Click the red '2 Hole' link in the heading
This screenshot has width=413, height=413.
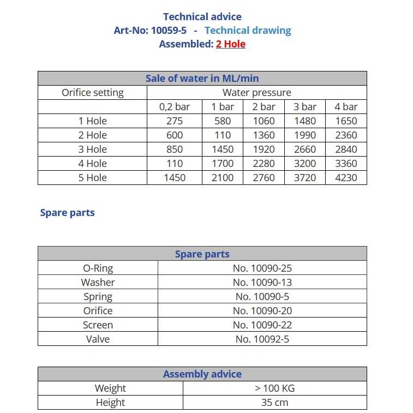pos(230,44)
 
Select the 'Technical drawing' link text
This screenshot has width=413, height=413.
pos(248,31)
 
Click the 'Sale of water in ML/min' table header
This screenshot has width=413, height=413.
pos(202,78)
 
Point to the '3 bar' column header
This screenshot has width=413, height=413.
pos(304,107)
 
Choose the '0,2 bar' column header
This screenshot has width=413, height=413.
pos(175,107)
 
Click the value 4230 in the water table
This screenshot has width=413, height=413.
pos(346,178)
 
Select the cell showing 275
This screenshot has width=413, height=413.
pos(175,121)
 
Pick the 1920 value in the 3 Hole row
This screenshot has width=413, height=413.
pos(264,149)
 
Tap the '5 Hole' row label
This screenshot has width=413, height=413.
pos(92,178)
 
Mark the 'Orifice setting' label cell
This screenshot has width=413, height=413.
pos(92,93)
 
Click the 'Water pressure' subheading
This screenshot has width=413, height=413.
pos(256,93)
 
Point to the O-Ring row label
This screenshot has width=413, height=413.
pos(98,268)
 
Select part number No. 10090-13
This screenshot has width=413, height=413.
pos(262,282)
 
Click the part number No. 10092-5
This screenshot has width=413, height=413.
pos(262,339)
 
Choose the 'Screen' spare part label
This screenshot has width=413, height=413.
pos(98,325)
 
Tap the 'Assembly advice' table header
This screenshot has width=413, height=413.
pos(202,374)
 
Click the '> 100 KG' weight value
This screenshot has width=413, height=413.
pos(274,388)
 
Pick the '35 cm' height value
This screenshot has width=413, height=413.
pos(274,403)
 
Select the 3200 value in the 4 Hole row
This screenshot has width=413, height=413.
pos(304,164)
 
